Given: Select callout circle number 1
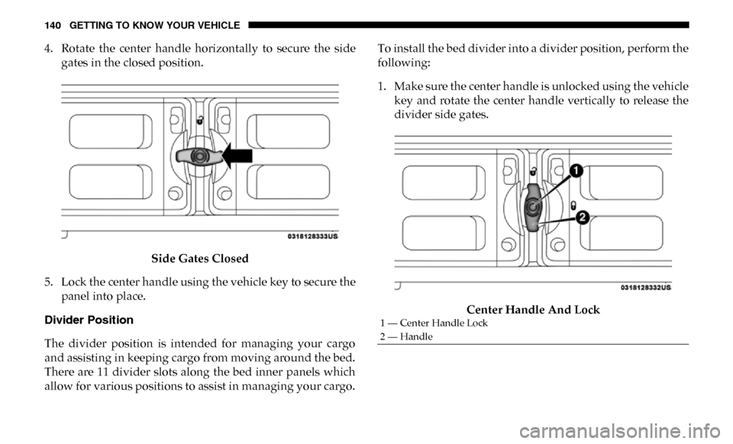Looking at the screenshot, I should [576, 170].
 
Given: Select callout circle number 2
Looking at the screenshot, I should [582, 218].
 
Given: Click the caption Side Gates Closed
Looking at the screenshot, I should [199, 258].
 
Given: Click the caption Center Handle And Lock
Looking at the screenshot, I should [533, 310].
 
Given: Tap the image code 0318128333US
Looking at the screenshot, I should [313, 237].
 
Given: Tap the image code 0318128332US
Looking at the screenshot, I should [644, 287].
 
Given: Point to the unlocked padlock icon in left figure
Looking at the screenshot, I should [199, 120].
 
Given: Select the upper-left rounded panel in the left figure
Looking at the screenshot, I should [100, 130].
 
